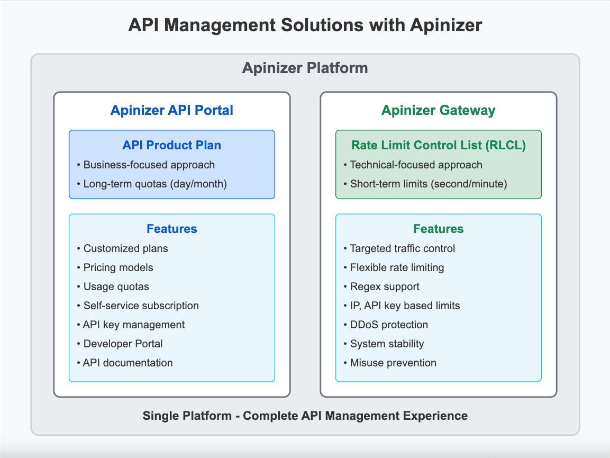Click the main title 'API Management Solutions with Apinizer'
coord(305,25)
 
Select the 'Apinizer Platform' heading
coord(305,68)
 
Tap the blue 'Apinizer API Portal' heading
coord(171,110)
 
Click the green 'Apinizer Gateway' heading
coord(438,110)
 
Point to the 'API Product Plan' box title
coord(171,145)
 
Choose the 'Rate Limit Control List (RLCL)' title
coord(438,145)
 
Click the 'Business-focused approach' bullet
coord(149,165)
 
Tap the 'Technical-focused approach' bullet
coord(416,165)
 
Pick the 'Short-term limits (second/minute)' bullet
coord(429,184)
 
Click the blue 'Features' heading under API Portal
coord(171,229)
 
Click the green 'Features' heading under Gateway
coord(438,229)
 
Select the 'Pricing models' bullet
coord(118,267)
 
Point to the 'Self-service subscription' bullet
coord(141,306)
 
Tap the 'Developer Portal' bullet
coord(123,344)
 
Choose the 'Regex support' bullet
coord(385,286)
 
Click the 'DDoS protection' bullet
coord(389,325)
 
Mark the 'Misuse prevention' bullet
coord(393,363)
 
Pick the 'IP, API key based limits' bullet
coord(405,306)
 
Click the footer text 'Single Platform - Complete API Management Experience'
coord(305,416)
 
